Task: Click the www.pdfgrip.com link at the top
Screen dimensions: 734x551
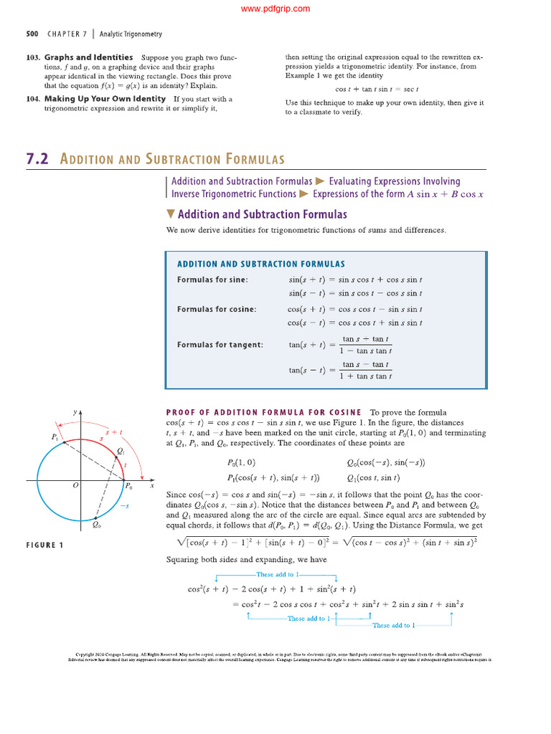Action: (x=275, y=9)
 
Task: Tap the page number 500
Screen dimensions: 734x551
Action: (x=32, y=34)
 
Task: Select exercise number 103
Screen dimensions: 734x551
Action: (x=32, y=57)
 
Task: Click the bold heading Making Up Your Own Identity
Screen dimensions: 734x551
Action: (x=105, y=99)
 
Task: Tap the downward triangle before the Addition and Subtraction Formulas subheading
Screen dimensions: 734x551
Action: (x=170, y=214)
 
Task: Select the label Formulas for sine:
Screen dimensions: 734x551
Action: (x=212, y=280)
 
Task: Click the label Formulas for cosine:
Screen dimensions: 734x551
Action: (x=217, y=309)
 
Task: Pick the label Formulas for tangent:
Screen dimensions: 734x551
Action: (x=220, y=345)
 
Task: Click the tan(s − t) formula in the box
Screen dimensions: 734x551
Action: (x=340, y=371)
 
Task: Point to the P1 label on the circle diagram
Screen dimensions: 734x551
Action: (x=55, y=437)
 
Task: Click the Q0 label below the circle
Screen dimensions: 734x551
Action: (x=97, y=525)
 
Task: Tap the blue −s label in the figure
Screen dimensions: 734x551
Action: (x=123, y=506)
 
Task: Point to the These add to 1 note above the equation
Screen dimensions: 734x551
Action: (x=276, y=575)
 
